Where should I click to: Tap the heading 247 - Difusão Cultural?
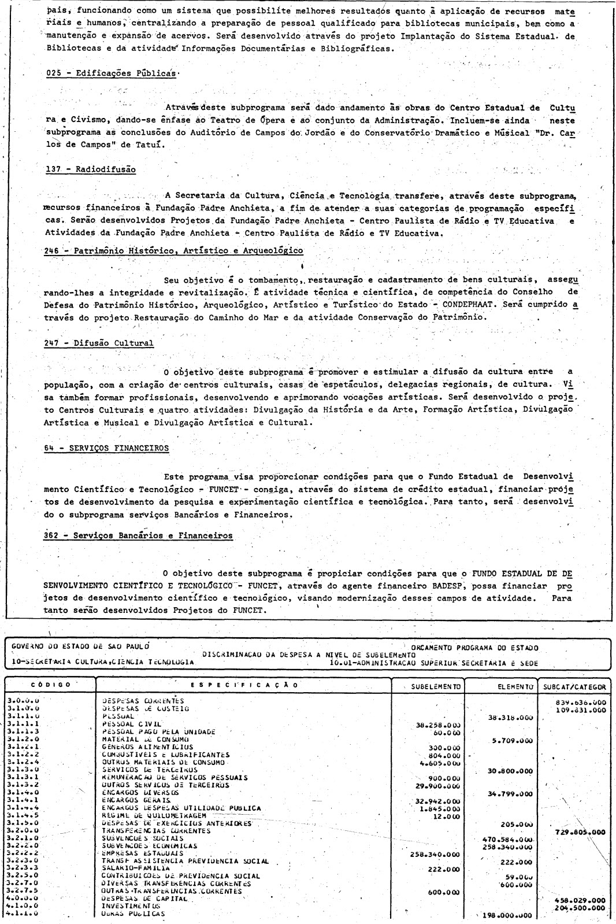click(x=99, y=343)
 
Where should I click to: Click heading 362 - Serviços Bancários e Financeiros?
click(x=138, y=535)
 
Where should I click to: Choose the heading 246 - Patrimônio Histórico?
click(x=174, y=251)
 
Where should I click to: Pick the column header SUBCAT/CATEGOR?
click(x=572, y=687)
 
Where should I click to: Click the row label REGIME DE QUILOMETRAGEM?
click(x=152, y=815)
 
